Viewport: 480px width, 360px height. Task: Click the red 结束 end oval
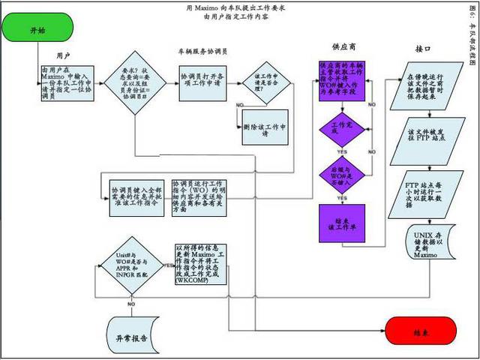(421, 331)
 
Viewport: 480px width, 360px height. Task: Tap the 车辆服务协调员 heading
(203, 52)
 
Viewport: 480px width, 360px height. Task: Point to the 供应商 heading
(343, 46)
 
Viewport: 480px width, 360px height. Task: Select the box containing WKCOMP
(200, 263)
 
